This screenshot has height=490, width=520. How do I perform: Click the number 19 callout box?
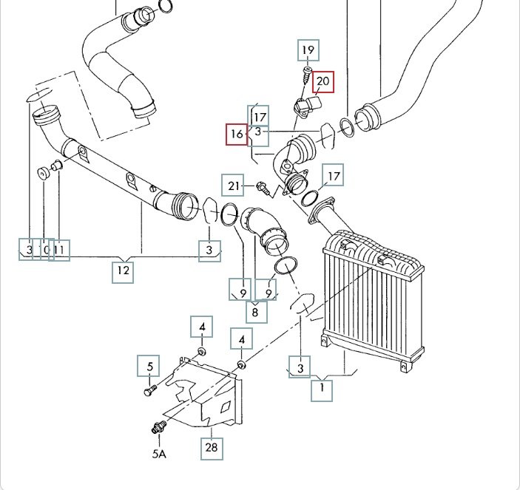click(308, 51)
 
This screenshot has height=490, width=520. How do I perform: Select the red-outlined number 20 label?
click(323, 81)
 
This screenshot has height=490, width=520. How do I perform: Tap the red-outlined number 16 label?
click(237, 134)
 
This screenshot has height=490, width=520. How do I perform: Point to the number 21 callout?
click(234, 185)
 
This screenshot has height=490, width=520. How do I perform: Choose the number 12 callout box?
click(123, 271)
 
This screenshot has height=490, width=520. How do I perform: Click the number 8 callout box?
click(255, 312)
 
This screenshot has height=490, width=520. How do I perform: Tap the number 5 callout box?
click(149, 366)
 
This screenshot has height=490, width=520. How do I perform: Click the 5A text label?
click(158, 453)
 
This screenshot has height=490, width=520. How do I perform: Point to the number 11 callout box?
click(60, 250)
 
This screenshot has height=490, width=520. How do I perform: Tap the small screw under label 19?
click(306, 74)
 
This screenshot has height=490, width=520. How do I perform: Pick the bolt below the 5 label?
click(151, 387)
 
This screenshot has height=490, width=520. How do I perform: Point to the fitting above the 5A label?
click(158, 427)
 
